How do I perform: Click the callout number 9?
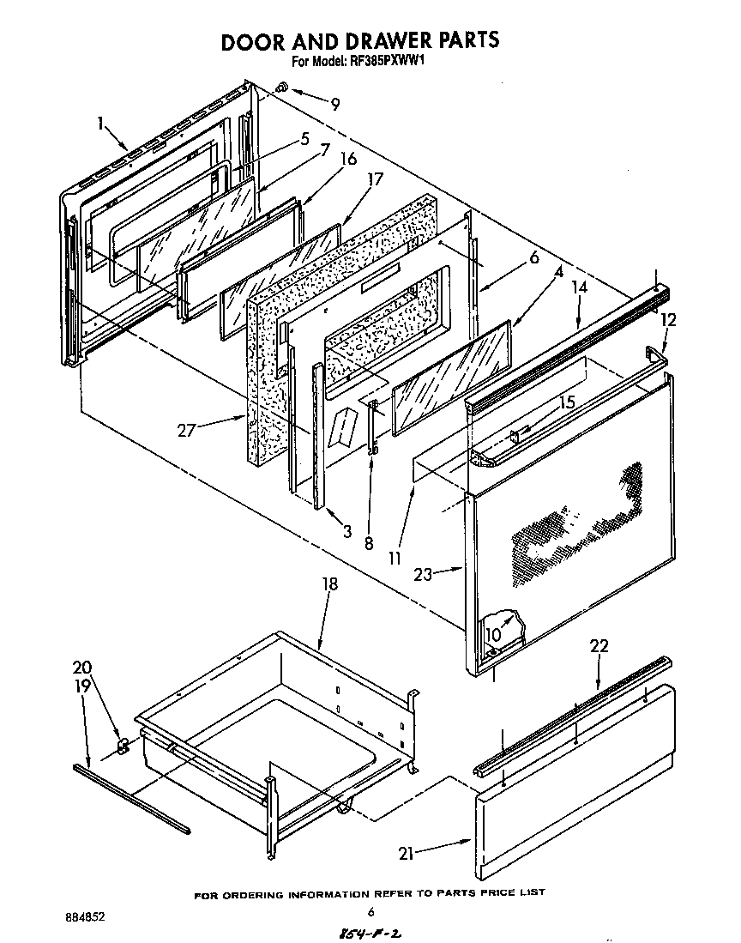(334, 105)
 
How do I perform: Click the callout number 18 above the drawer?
(330, 585)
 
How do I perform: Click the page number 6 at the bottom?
(370, 912)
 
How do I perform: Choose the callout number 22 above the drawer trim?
(599, 646)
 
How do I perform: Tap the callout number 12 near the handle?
(669, 320)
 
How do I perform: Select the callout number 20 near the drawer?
(81, 668)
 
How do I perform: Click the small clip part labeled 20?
(123, 745)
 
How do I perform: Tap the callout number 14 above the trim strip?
(581, 290)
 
